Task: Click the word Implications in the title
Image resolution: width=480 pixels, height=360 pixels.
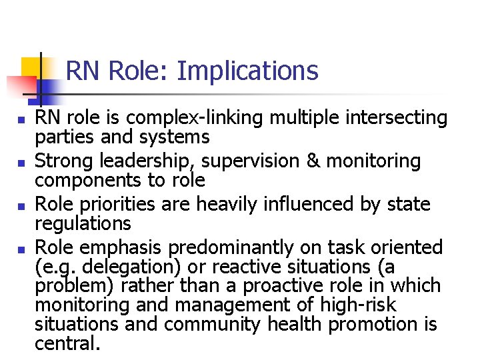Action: pyautogui.click(x=247, y=71)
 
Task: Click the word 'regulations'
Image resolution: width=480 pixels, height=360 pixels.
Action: pyautogui.click(x=83, y=223)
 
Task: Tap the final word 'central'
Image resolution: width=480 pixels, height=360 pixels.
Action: pyautogui.click(x=67, y=343)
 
